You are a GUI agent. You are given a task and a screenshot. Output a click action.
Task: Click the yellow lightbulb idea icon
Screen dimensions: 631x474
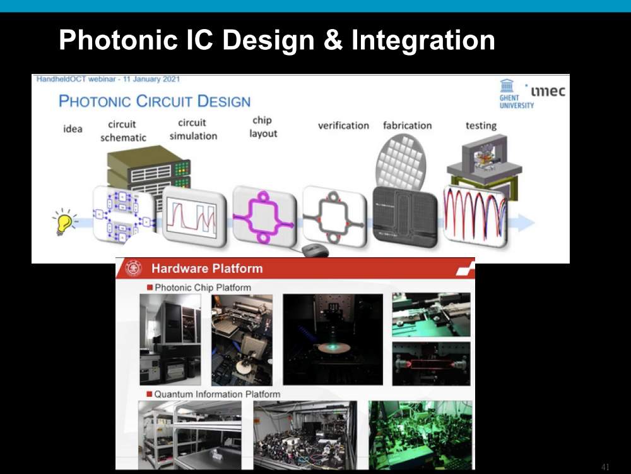(x=64, y=221)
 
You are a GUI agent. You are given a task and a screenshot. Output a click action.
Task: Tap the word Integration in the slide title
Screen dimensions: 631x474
(x=423, y=40)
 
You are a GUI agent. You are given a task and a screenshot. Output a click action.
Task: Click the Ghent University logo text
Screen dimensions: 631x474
(x=517, y=102)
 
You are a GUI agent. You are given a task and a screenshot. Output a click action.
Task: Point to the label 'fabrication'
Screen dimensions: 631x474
(x=407, y=126)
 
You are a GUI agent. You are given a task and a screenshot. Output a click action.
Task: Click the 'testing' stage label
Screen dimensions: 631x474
(x=481, y=126)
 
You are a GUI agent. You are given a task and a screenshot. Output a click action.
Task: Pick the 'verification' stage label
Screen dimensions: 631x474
(x=343, y=126)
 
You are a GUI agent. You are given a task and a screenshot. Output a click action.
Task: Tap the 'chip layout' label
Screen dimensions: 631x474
(x=262, y=127)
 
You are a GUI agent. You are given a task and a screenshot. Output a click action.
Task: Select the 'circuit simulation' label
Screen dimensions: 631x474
(x=193, y=130)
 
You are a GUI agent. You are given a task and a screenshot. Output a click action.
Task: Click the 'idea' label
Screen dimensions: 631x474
(x=73, y=129)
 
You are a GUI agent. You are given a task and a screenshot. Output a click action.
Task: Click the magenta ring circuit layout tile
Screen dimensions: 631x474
(x=264, y=217)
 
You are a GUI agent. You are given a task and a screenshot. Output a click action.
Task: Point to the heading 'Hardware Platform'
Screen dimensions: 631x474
(x=207, y=269)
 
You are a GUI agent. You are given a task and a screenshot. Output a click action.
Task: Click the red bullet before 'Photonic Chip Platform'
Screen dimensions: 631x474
(x=150, y=288)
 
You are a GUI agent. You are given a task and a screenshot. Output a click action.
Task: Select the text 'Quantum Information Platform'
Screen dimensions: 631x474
(x=217, y=394)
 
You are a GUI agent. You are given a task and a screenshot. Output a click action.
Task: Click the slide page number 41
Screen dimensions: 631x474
(x=605, y=467)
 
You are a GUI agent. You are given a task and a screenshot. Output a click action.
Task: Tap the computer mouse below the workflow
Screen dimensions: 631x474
(x=315, y=250)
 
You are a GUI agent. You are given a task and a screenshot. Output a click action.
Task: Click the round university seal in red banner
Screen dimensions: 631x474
(x=134, y=268)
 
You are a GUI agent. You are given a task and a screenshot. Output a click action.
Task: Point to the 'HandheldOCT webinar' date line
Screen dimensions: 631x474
(x=108, y=79)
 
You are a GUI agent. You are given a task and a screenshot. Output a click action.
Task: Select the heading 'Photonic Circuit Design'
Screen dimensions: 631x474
(x=155, y=100)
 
